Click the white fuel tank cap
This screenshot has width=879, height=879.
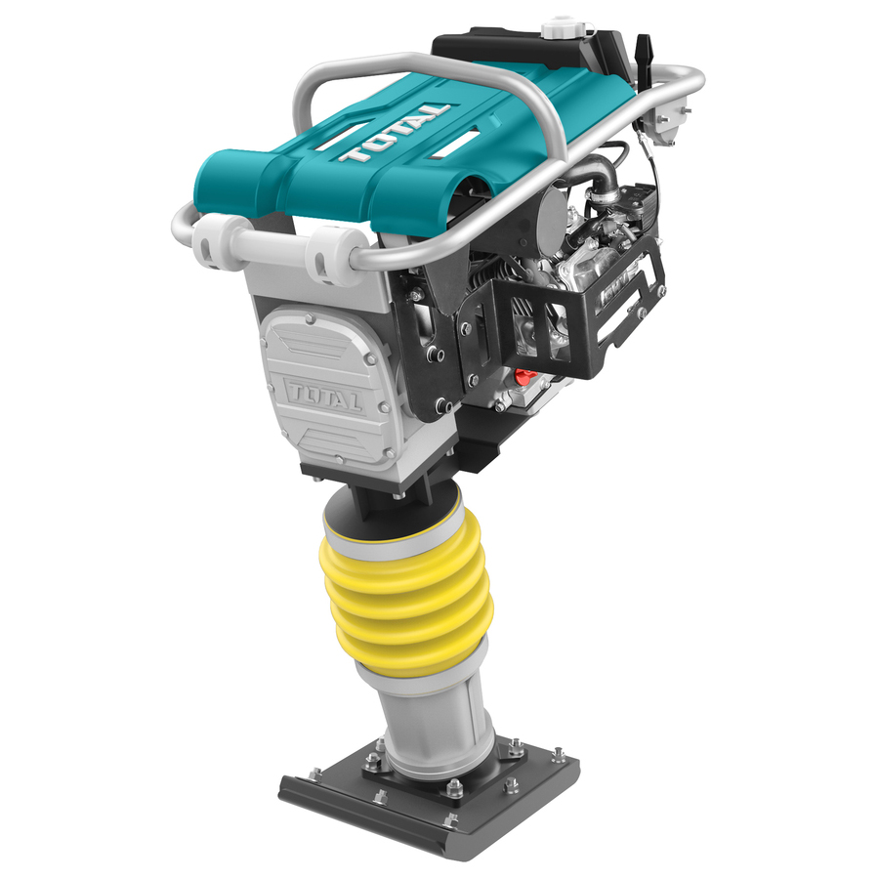click(x=560, y=27)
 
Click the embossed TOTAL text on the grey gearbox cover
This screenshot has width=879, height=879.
click(x=324, y=395)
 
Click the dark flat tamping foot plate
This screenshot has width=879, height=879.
click(x=429, y=796)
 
